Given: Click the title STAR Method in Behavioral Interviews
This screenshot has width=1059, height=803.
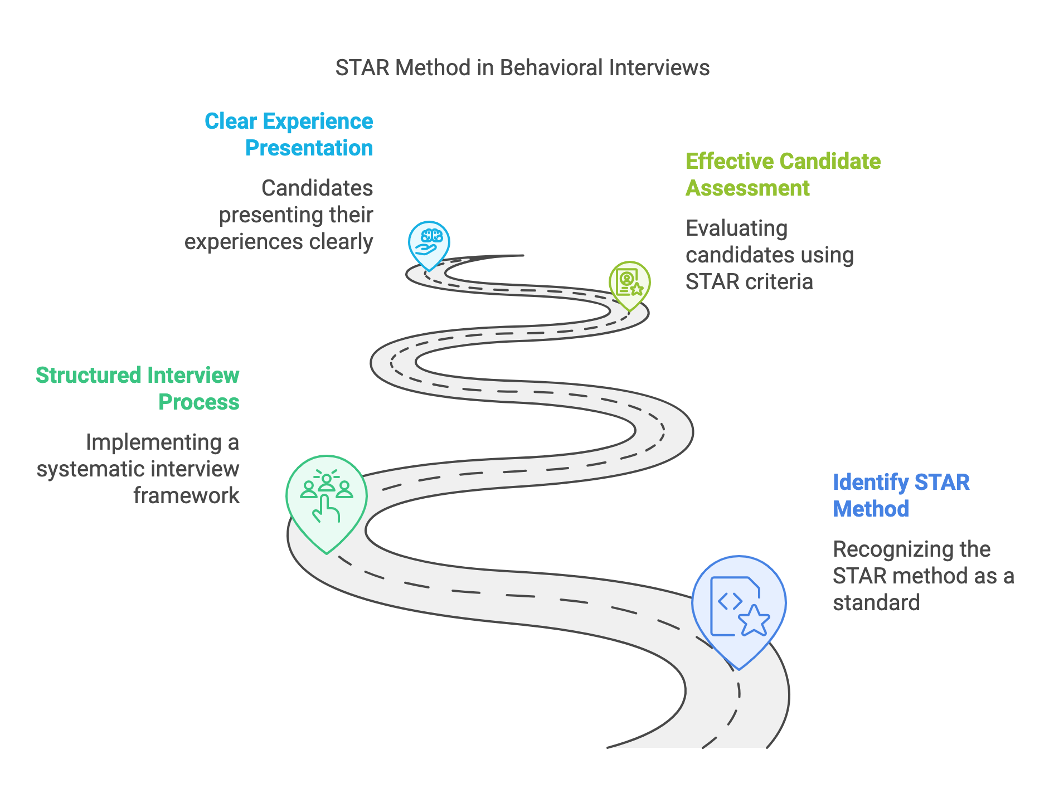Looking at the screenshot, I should tap(522, 68).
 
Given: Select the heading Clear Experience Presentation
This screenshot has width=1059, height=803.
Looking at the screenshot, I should tap(289, 134).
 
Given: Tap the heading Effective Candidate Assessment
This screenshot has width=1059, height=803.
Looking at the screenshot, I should tap(783, 174).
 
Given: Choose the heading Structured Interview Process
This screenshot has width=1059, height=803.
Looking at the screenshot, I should tap(138, 388).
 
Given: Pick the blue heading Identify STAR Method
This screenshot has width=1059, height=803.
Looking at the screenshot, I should tap(901, 495).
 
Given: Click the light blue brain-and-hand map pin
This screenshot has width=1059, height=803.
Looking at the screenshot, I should tap(429, 244).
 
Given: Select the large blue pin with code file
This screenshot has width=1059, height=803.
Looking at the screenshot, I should tap(739, 607).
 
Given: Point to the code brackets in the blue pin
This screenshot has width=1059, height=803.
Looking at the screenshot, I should tap(730, 600).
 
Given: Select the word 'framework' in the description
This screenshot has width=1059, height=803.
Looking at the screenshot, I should tap(186, 496).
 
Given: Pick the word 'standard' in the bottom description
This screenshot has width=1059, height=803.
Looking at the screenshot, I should tap(876, 603).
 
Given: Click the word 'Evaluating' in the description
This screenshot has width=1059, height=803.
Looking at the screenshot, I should tap(736, 228).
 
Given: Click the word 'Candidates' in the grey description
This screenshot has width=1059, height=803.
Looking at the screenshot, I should tap(317, 188).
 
